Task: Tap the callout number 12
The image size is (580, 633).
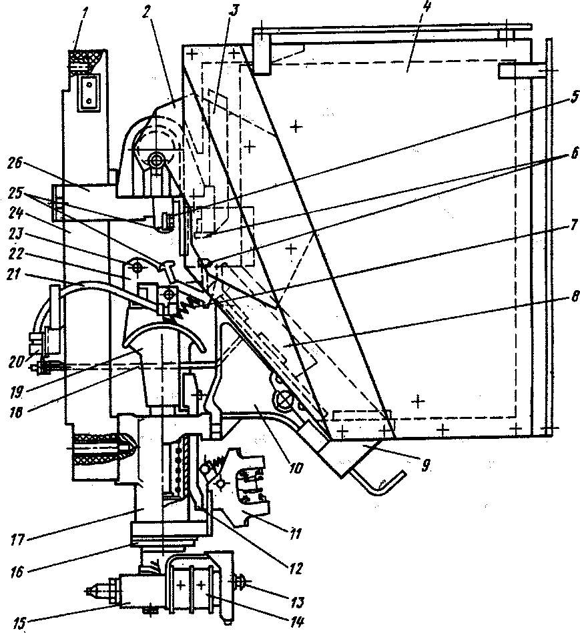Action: pos(295,569)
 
